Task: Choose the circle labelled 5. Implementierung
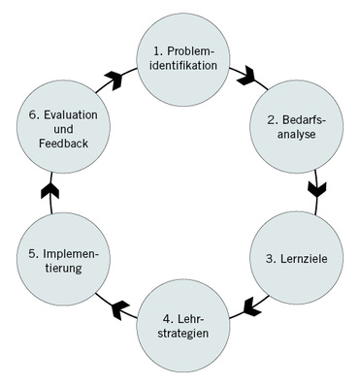62,261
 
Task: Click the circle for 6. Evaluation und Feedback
60,130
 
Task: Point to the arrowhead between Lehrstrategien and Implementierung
120,309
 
